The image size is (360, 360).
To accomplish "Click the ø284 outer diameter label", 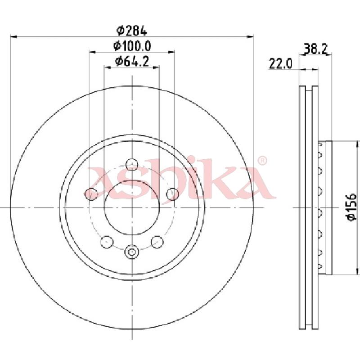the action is coord(132,31).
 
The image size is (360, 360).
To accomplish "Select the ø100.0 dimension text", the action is coord(132,46).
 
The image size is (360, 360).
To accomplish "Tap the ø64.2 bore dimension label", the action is coord(132,61).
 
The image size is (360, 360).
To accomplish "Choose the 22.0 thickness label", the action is coord(280,63).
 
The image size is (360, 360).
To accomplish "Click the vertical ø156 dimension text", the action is coord(352,207).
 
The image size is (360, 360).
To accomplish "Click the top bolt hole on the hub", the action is coord(132,164).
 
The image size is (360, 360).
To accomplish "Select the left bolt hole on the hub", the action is coord(91,194).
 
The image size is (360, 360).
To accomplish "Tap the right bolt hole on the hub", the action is coord(172,194).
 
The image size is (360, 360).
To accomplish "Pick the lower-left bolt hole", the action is coord(107,242).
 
